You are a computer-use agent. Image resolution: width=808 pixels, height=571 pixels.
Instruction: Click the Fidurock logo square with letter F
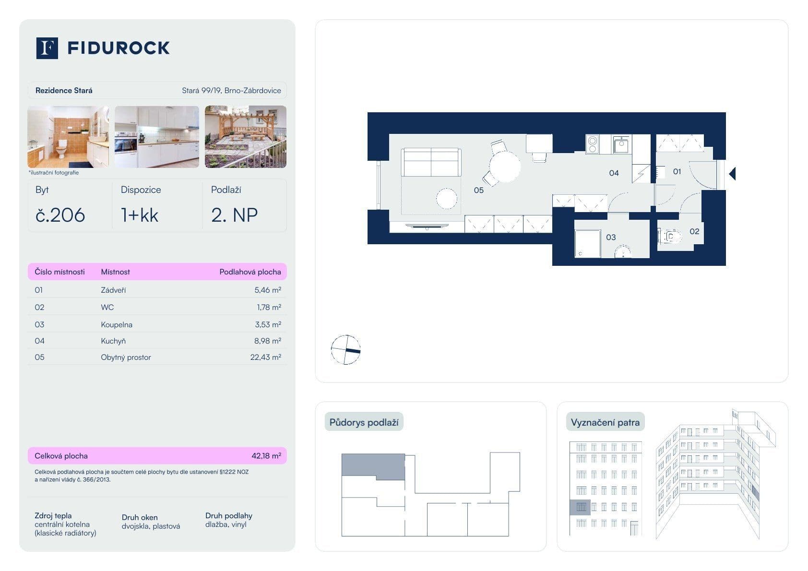click(x=47, y=48)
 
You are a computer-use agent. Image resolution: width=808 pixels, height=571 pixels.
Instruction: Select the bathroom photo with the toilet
click(x=68, y=137)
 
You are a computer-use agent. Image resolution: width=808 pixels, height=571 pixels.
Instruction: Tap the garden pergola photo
click(x=245, y=137)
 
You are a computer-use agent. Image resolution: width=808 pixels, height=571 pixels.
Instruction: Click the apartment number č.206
click(x=60, y=215)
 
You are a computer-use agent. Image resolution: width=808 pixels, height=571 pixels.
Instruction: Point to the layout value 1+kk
click(x=140, y=215)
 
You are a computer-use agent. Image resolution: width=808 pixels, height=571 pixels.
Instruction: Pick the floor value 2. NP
click(x=234, y=215)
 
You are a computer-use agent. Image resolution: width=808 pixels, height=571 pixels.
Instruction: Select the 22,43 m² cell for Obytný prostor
click(x=265, y=357)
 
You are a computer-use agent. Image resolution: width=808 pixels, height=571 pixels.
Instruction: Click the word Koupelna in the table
click(x=117, y=325)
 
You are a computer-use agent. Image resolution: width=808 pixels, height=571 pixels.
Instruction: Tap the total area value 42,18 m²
click(x=266, y=456)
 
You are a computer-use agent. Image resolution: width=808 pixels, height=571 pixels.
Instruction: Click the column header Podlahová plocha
click(x=250, y=272)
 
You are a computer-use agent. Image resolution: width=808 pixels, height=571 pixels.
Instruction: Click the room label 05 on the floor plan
click(x=478, y=190)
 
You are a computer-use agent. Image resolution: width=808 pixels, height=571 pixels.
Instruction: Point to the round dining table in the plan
click(x=505, y=167)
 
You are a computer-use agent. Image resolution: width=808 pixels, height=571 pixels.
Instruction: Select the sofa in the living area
click(x=431, y=162)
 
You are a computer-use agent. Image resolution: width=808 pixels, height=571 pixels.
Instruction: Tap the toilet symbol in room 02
click(x=670, y=237)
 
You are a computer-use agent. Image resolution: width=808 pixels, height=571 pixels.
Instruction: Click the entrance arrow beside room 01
click(x=732, y=174)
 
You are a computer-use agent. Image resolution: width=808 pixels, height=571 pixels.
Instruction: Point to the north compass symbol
click(x=345, y=349)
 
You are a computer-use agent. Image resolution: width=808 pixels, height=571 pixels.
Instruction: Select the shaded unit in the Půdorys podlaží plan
click(x=373, y=465)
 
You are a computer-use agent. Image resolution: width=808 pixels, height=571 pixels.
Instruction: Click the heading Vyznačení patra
click(x=605, y=423)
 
